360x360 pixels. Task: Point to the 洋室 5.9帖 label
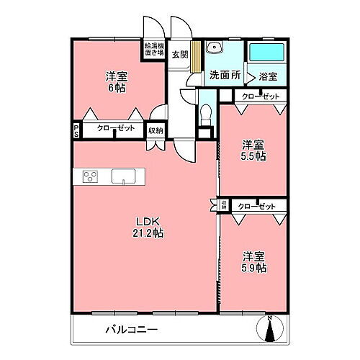(254, 261)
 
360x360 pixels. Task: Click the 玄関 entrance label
(179, 55)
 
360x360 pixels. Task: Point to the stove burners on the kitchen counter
(91, 176)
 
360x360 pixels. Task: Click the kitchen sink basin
(122, 176)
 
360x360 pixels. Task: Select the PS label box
(76, 130)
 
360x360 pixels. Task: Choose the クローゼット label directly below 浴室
(258, 96)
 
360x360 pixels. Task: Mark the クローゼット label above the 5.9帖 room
(258, 207)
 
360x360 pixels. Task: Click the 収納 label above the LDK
(156, 130)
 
